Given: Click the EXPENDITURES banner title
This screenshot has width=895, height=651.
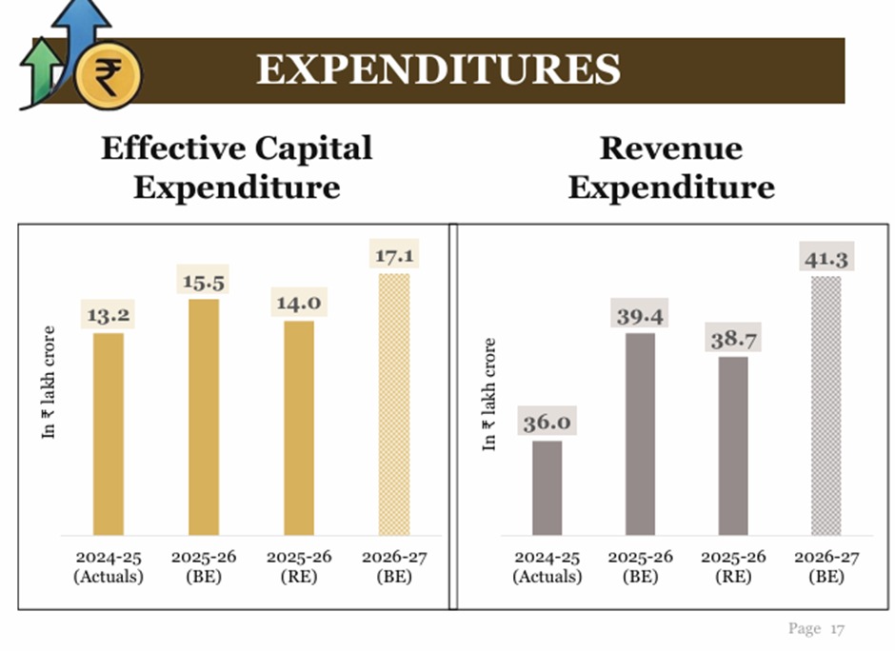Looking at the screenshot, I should point(438,69).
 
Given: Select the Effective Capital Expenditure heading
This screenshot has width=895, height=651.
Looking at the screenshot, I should point(236,167).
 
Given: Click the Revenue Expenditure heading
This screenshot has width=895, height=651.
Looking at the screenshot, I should point(670,167).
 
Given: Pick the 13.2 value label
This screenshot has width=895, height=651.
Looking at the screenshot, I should point(108,314).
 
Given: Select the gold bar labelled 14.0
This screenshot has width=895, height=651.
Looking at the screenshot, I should point(299,427).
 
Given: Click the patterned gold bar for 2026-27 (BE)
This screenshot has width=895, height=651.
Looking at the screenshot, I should point(394,404).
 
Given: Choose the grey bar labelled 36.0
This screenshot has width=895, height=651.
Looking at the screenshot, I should point(547,487).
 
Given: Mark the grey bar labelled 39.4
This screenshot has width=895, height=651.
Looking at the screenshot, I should point(640,433).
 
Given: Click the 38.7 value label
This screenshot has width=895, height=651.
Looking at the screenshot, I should point(733,339).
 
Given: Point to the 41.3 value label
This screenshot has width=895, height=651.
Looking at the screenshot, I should point(825,259).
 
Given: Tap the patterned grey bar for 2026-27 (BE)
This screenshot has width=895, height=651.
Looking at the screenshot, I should point(825,405).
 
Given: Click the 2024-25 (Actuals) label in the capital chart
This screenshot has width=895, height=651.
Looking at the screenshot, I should point(108,566).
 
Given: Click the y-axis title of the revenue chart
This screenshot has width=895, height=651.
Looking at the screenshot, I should point(489,394).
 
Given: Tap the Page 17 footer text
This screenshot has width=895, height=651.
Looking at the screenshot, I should point(816,628).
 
